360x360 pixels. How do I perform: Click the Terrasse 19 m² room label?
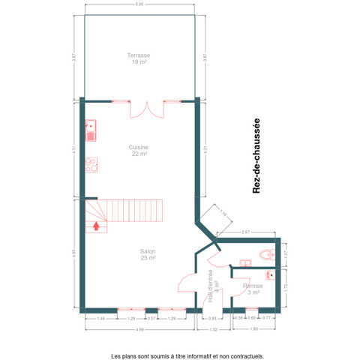click(139, 58)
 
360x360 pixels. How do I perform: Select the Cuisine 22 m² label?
click(139, 150)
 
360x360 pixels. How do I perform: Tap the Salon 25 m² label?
click(148, 254)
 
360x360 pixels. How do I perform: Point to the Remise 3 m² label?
click(252, 289)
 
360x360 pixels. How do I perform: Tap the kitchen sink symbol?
click(91, 131)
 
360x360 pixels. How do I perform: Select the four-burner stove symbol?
click(91, 164)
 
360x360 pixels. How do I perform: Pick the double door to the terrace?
click(145, 109)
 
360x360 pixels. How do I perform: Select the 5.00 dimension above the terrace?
click(139, 5)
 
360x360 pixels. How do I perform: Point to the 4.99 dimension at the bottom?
click(140, 330)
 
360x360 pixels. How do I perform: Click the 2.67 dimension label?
click(246, 232)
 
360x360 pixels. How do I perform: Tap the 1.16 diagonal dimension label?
click(223, 214)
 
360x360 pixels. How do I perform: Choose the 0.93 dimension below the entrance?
click(212, 319)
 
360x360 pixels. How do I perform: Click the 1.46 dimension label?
click(100, 319)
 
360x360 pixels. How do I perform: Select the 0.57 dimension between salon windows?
click(151, 319)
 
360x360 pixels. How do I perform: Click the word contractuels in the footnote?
click(247, 356)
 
